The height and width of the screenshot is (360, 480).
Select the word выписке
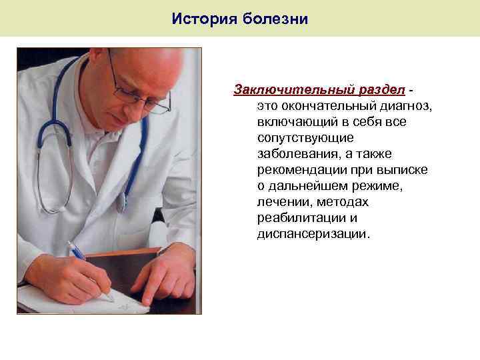tap(403, 170)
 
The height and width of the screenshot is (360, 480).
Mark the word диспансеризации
tap(311, 234)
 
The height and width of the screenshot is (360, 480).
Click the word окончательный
tap(315, 106)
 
